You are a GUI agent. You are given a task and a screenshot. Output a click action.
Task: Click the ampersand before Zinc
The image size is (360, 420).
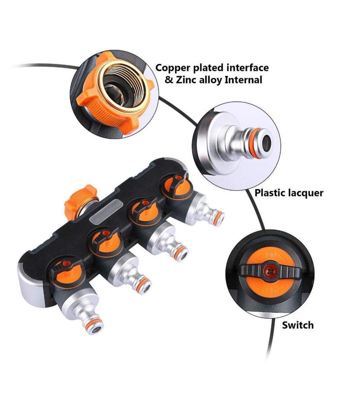point(168,80)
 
